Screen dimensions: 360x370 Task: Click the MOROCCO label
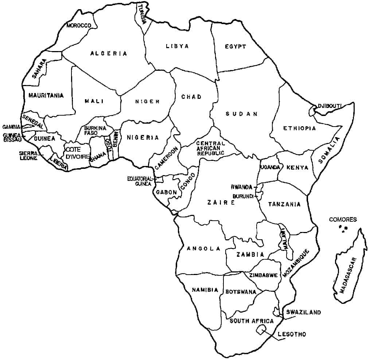79,26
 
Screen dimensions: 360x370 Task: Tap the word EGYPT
235,47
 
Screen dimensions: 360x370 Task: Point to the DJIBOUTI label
330,106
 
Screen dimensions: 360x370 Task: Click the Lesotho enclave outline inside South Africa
261,330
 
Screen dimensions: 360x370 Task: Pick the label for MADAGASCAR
347,275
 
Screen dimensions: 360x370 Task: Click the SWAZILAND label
303,312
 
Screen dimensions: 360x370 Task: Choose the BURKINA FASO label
95,131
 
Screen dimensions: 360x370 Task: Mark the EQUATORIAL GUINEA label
139,181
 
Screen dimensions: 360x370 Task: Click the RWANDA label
241,187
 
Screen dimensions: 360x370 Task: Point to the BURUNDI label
243,196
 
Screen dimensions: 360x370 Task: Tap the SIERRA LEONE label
28,156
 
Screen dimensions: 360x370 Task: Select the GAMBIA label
11,127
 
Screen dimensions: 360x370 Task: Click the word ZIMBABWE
264,275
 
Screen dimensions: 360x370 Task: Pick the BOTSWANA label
241,292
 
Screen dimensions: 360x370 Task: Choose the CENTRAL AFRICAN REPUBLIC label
210,148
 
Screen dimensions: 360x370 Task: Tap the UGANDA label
270,167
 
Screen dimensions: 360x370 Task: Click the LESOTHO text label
292,334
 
